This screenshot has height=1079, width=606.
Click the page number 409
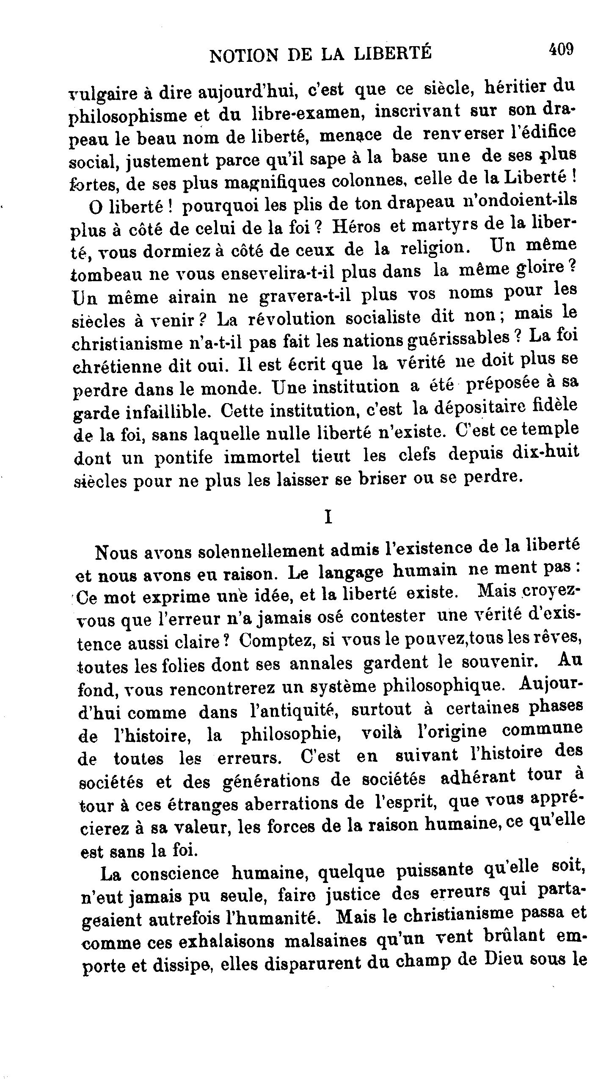(561, 50)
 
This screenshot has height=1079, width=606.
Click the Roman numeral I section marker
(327, 517)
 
